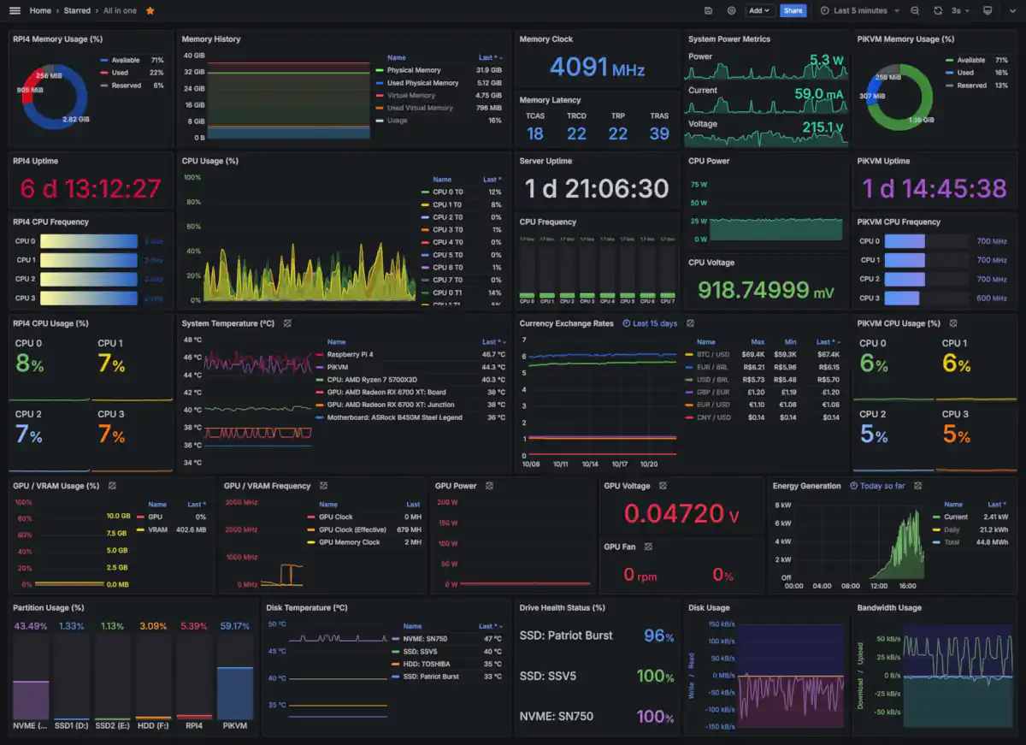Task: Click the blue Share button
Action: pyautogui.click(x=793, y=10)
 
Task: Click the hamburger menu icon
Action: pyautogui.click(x=15, y=10)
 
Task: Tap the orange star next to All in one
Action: pyautogui.click(x=150, y=10)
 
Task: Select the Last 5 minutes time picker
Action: pyautogui.click(x=860, y=10)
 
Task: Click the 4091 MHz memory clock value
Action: pyautogui.click(x=597, y=67)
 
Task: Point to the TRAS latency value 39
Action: pyautogui.click(x=658, y=133)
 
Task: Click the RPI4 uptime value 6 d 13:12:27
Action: pyautogui.click(x=90, y=188)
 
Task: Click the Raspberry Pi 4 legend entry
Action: pyautogui.click(x=350, y=354)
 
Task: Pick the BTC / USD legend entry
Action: pyautogui.click(x=713, y=354)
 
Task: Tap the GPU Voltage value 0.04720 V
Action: pyautogui.click(x=681, y=513)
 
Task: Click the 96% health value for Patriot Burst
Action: pyautogui.click(x=658, y=636)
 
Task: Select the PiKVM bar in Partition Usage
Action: pyautogui.click(x=235, y=693)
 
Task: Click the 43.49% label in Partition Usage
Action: pyautogui.click(x=30, y=626)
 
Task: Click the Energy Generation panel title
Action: pyautogui.click(x=806, y=486)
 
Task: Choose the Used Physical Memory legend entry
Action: pyautogui.click(x=422, y=83)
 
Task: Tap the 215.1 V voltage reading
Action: pyautogui.click(x=822, y=127)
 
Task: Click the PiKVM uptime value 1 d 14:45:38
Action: pyautogui.click(x=934, y=188)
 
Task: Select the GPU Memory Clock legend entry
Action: pyautogui.click(x=349, y=542)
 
